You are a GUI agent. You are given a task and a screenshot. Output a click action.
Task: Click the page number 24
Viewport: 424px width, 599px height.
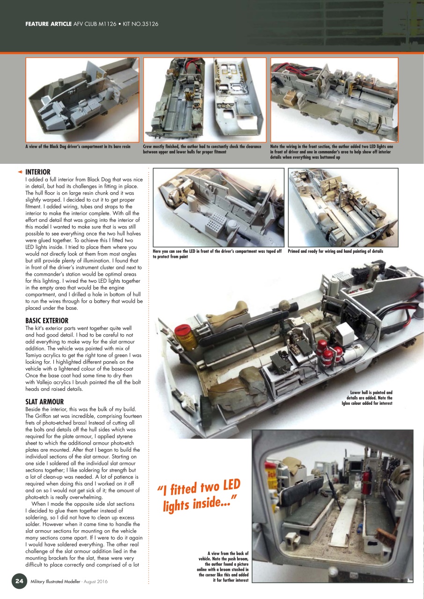point(19,581)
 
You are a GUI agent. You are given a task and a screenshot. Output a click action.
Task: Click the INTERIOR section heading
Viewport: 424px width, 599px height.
point(37,172)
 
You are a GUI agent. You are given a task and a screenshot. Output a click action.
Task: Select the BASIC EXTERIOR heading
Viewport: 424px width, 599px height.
point(47,321)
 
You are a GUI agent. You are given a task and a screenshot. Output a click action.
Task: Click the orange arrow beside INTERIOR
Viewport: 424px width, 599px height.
point(20,172)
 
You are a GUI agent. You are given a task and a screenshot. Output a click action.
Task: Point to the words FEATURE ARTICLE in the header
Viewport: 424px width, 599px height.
point(48,23)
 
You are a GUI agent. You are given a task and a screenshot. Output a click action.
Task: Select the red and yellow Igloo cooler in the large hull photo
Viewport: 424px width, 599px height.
point(185,333)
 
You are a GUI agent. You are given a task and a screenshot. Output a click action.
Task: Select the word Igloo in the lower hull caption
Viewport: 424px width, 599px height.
point(349,403)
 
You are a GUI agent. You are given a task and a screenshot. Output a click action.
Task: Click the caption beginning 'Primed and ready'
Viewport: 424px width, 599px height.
point(335,251)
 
